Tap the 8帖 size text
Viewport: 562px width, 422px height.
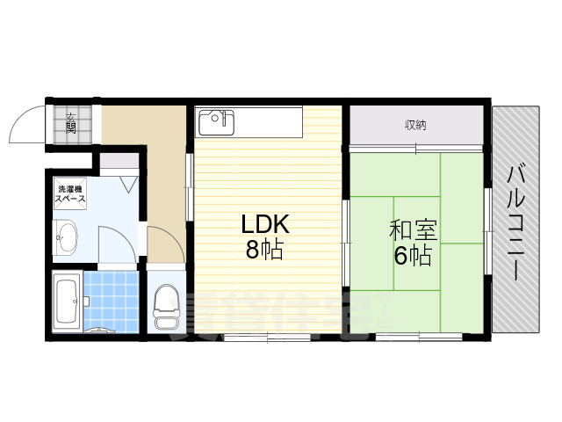tap(264, 250)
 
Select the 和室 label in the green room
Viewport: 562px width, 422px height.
tap(413, 230)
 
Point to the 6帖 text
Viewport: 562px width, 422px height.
tap(412, 256)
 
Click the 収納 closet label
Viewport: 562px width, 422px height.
tap(416, 125)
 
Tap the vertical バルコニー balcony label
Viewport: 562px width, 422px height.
tap(515, 222)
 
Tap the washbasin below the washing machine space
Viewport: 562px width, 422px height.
tap(67, 237)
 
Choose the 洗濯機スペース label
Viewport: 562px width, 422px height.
tap(71, 195)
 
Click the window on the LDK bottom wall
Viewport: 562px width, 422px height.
tap(268, 337)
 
